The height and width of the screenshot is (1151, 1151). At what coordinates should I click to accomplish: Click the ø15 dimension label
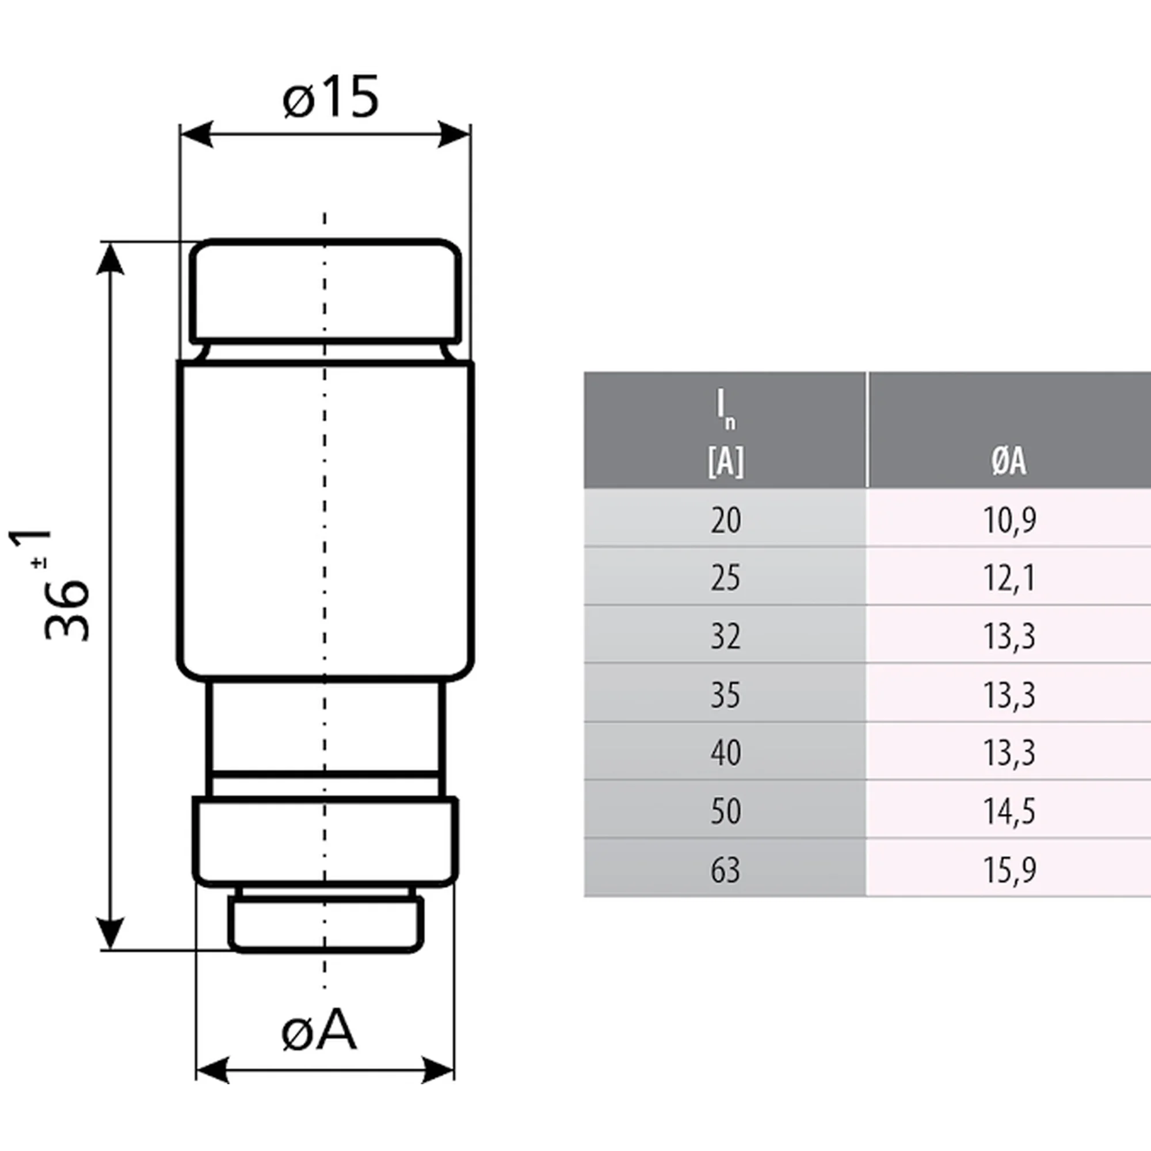[x=331, y=97]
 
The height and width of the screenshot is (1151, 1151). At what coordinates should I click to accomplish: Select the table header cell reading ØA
[x=1008, y=460]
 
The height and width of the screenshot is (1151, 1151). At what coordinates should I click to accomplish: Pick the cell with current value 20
[x=725, y=520]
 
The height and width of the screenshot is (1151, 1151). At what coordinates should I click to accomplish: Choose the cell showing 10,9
[x=1008, y=520]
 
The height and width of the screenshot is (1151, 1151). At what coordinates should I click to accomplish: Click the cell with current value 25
[x=725, y=578]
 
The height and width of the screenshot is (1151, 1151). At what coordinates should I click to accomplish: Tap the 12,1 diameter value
[x=1008, y=578]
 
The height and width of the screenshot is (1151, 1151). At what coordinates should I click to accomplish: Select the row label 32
[x=725, y=637]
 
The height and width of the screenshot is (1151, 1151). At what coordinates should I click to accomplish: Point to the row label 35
[x=725, y=695]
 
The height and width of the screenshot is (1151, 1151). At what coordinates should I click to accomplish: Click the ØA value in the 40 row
[x=1008, y=752]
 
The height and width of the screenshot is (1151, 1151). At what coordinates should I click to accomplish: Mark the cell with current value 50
[x=725, y=811]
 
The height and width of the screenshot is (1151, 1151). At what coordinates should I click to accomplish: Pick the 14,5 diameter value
[x=1008, y=811]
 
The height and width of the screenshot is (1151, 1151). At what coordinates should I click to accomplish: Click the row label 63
[x=725, y=869]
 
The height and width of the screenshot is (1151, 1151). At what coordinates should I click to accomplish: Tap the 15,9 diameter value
[x=1008, y=869]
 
